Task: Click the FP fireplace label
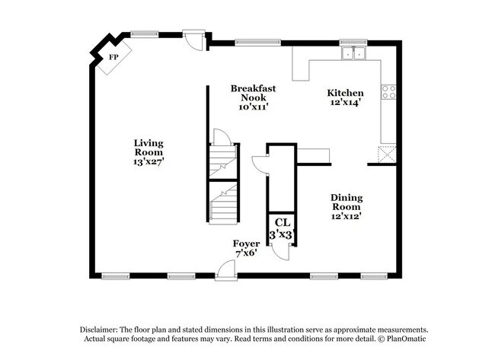pyautogui.click(x=113, y=57)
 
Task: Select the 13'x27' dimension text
pyautogui.click(x=148, y=161)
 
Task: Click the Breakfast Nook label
pyautogui.click(x=253, y=93)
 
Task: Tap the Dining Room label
pyautogui.click(x=346, y=202)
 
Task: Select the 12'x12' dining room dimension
pyautogui.click(x=346, y=215)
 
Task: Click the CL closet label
pyautogui.click(x=283, y=222)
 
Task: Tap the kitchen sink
pyautogui.click(x=353, y=53)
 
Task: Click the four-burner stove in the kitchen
pyautogui.click(x=389, y=92)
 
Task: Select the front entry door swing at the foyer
pyautogui.click(x=225, y=268)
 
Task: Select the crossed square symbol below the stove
pyautogui.click(x=388, y=153)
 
